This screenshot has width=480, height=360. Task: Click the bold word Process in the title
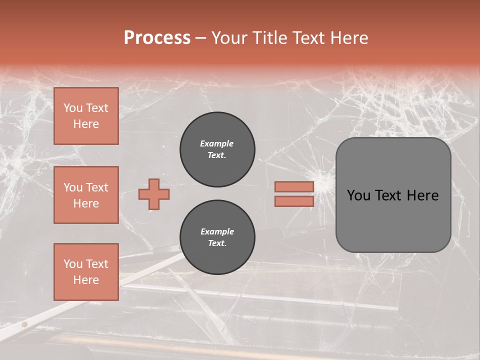pyautogui.click(x=157, y=38)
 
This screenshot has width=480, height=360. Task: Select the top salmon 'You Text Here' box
pyautogui.click(x=86, y=116)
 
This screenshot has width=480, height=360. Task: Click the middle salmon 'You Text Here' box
pyautogui.click(x=86, y=195)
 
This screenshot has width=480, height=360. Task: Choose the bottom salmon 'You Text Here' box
pyautogui.click(x=86, y=271)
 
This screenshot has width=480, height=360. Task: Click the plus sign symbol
pyautogui.click(x=154, y=194)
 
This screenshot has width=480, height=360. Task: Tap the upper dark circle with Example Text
pyautogui.click(x=217, y=149)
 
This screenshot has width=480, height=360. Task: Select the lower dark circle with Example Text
pyautogui.click(x=217, y=237)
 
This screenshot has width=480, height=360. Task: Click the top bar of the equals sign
pyautogui.click(x=294, y=187)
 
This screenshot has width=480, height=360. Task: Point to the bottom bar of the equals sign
pyautogui.click(x=294, y=201)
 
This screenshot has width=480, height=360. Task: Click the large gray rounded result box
pyautogui.click(x=393, y=195)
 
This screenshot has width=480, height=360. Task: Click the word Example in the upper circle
pyautogui.click(x=217, y=143)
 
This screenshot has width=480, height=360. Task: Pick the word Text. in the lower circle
pyautogui.click(x=217, y=243)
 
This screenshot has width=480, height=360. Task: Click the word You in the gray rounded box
pyautogui.click(x=359, y=195)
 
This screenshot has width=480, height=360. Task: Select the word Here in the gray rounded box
pyautogui.click(x=422, y=195)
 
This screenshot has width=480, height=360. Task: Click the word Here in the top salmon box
pyautogui.click(x=86, y=124)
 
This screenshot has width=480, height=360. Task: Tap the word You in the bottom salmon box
pyautogui.click(x=73, y=264)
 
